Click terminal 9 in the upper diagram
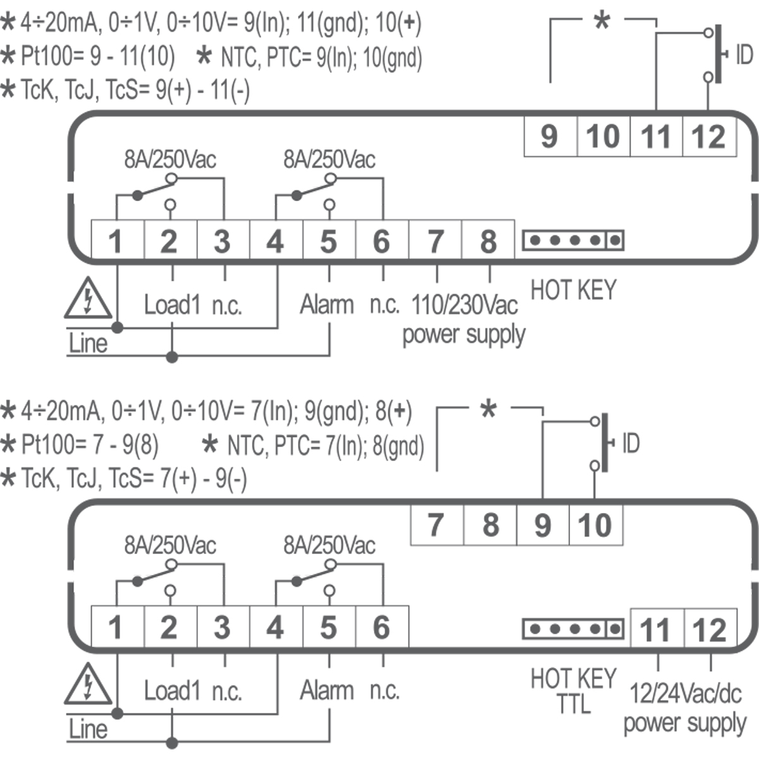550,137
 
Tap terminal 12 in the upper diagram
709,137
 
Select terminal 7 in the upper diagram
435,241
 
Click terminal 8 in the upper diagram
488,241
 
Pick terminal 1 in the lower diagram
116,627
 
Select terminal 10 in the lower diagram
595,525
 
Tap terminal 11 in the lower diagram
656,630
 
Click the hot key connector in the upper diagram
573,240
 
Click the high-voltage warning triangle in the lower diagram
88,684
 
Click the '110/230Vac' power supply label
464,305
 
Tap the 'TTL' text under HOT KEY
573,703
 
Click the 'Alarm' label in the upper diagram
326,305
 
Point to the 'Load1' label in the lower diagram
171,690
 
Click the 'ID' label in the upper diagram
744,56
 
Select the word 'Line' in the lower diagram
87,729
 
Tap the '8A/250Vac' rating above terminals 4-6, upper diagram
329,159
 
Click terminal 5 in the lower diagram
328,627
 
